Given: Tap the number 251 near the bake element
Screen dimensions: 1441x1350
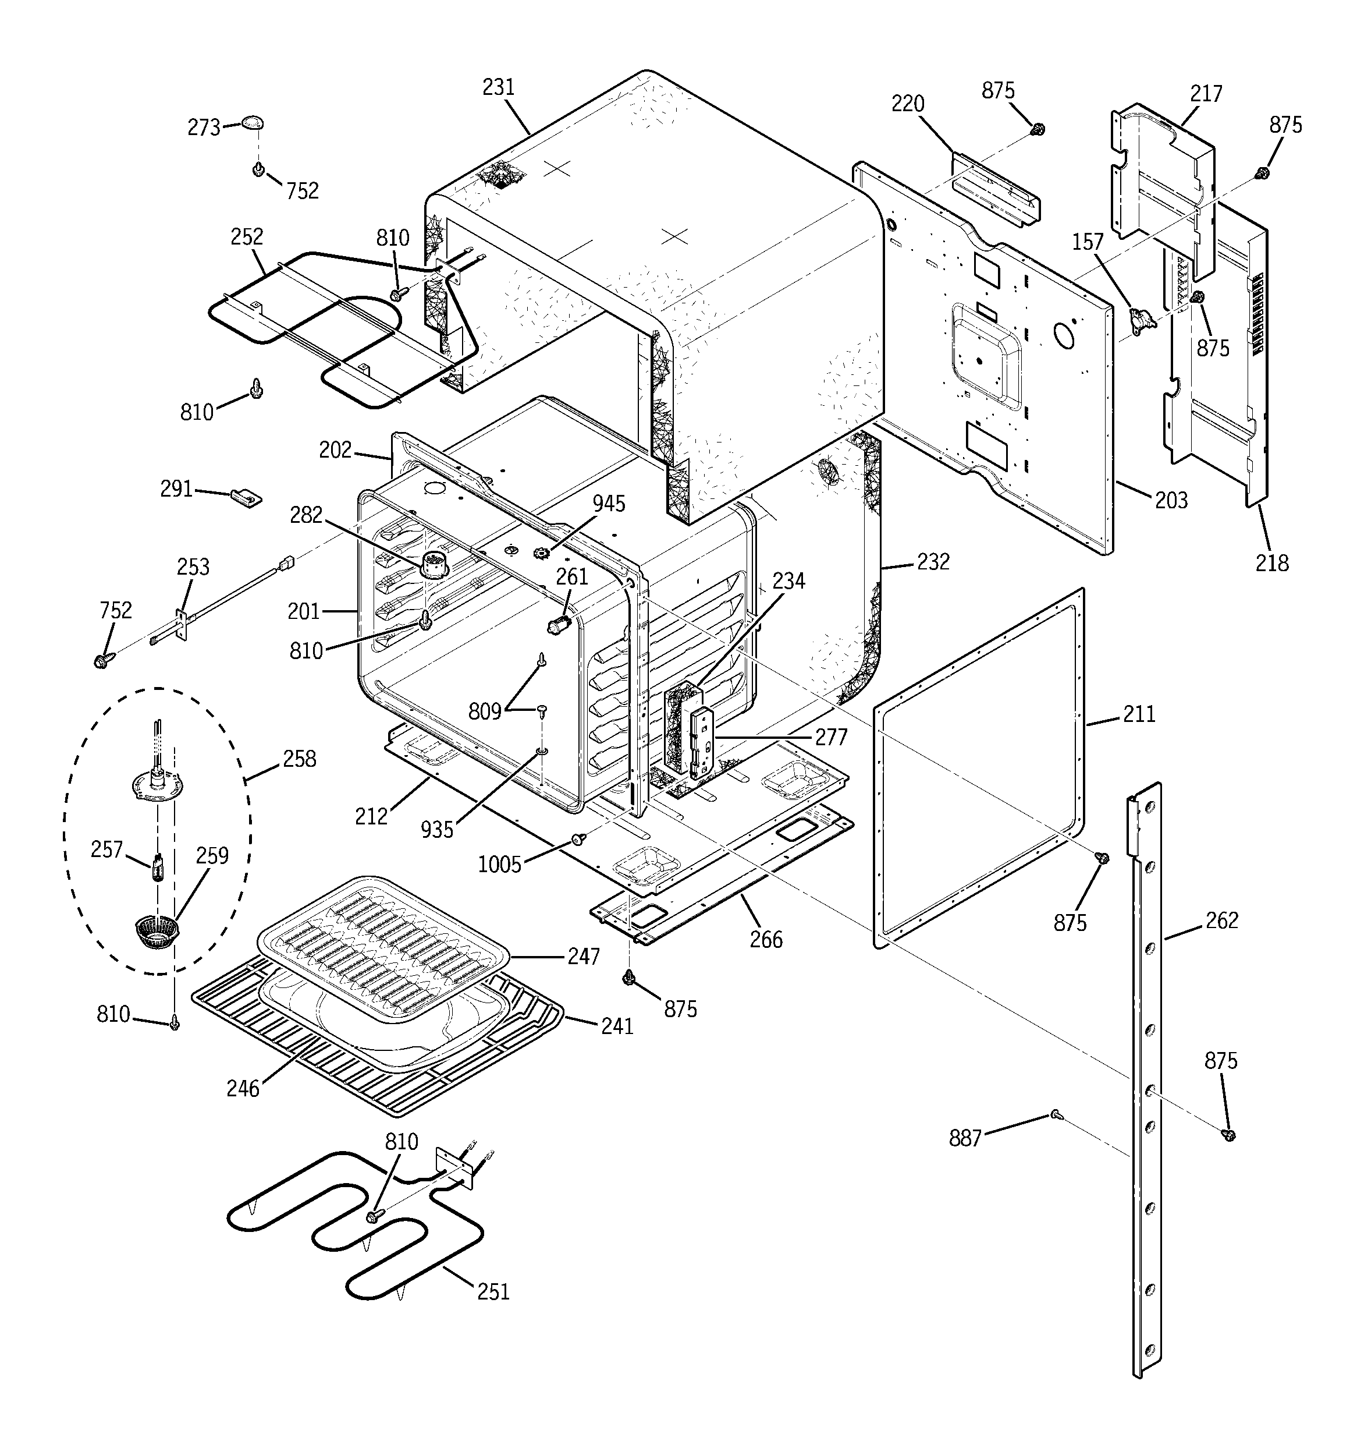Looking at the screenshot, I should (x=493, y=1292).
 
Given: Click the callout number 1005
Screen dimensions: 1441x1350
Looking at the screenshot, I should (x=499, y=864).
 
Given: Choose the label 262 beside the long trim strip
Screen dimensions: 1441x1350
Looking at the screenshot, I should (x=1222, y=920).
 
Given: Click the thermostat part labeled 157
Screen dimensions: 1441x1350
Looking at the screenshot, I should (x=1143, y=320).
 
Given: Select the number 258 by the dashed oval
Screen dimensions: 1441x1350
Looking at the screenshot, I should (x=299, y=759).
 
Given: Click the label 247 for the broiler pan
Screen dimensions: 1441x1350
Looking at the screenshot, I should (x=583, y=957).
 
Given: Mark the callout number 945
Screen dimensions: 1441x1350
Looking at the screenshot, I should (x=609, y=504).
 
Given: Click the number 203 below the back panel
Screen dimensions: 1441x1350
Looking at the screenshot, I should (x=1171, y=500).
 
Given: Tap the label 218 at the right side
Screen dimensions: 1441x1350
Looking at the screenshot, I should (x=1272, y=562).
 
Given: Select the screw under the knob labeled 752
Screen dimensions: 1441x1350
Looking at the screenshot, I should (x=257, y=169).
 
